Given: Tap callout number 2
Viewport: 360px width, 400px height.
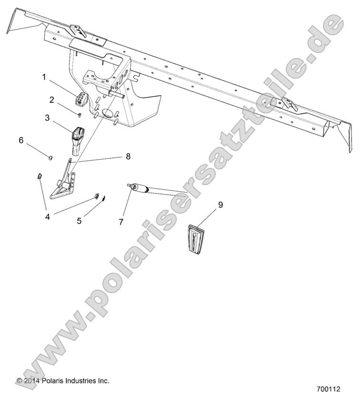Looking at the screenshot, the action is (52, 99).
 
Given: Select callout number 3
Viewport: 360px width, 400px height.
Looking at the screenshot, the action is (48, 117).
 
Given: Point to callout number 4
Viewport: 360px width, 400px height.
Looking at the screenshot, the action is (47, 216).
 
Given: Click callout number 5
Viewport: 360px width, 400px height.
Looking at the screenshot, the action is (79, 221).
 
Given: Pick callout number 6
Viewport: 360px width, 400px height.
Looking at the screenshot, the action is (20, 140).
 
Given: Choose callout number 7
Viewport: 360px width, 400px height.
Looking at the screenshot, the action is (121, 222).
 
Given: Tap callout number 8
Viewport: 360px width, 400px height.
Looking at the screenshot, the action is (128, 156).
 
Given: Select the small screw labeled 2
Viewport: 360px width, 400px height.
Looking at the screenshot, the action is (80, 114).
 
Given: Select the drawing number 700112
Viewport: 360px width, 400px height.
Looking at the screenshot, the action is (328, 389).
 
